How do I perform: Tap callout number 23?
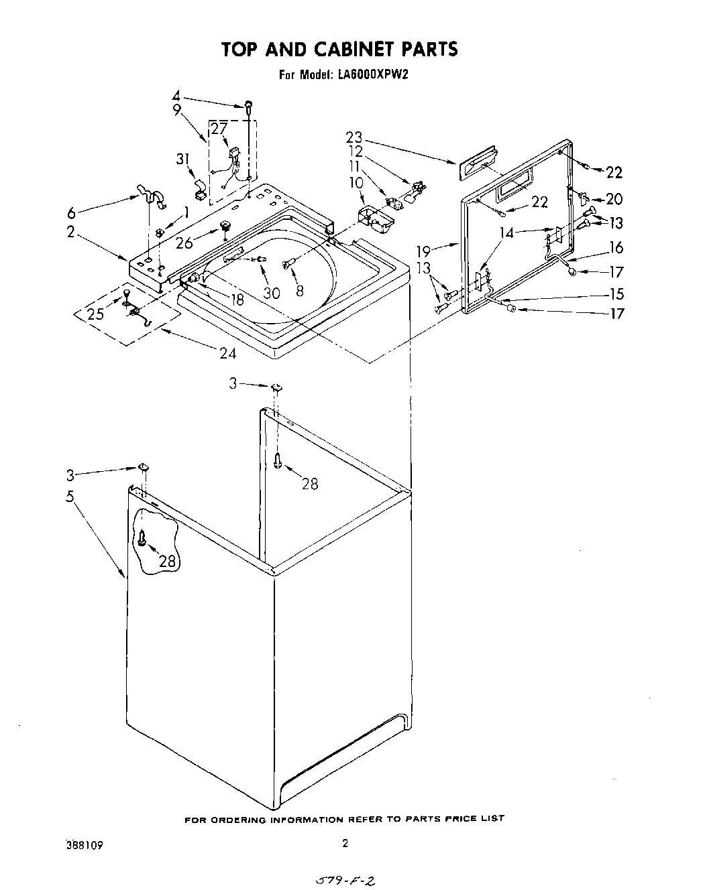(x=354, y=137)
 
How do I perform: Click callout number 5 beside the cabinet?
(x=70, y=498)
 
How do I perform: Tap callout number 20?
(x=614, y=199)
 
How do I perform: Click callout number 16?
(x=616, y=248)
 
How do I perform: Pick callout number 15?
(x=616, y=294)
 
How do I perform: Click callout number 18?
(x=237, y=299)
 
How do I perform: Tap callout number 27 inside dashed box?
(x=219, y=129)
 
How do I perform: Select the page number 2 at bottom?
(x=345, y=844)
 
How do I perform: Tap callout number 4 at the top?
(x=176, y=96)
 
